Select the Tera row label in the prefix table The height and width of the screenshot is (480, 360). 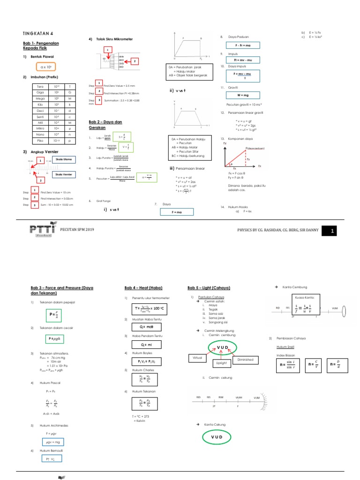click(x=41, y=87)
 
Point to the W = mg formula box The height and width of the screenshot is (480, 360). click(x=242, y=95)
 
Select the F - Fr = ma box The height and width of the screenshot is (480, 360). click(x=242, y=45)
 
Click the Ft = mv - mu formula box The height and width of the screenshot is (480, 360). click(x=242, y=60)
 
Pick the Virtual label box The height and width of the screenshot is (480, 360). click(x=197, y=358)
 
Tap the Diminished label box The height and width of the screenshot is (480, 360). click(x=246, y=360)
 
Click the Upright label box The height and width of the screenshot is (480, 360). click(x=222, y=363)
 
